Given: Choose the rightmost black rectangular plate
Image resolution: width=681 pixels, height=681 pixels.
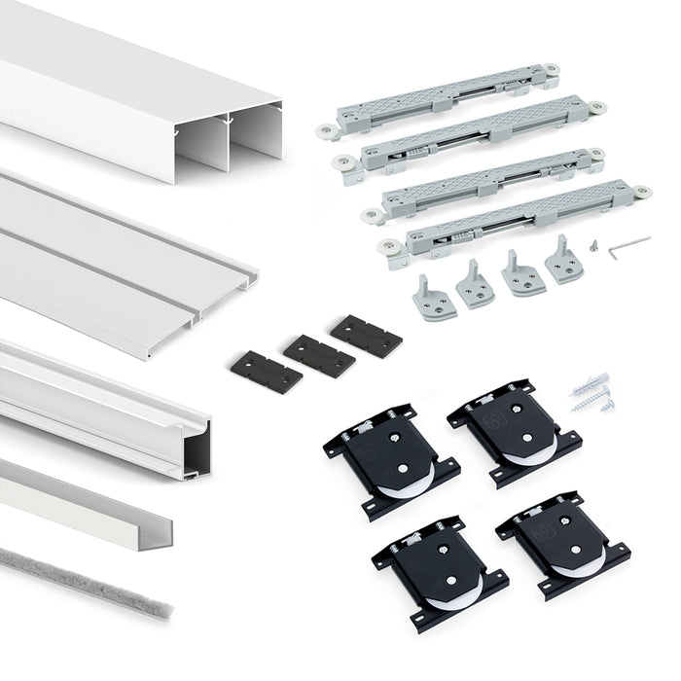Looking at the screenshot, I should point(366,336).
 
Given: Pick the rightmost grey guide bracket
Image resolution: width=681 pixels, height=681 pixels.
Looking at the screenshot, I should point(563,263).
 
